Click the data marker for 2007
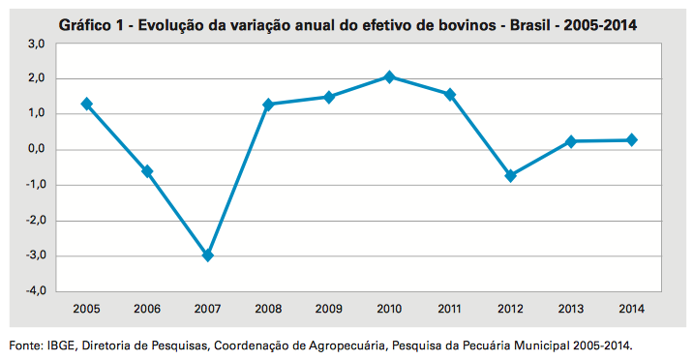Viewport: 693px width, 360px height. coord(207,255)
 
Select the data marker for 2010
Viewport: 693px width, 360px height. coord(389,76)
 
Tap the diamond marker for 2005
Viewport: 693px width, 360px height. coord(87,104)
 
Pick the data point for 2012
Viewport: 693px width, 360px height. coord(510,175)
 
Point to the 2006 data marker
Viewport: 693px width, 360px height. coord(147,171)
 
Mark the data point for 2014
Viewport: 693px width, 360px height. coord(631,140)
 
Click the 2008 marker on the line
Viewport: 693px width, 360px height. coord(268,105)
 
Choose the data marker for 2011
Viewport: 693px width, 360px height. coord(450,95)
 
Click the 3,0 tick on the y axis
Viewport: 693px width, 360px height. coord(36,44)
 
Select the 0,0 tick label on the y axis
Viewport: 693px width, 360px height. coord(36,150)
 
